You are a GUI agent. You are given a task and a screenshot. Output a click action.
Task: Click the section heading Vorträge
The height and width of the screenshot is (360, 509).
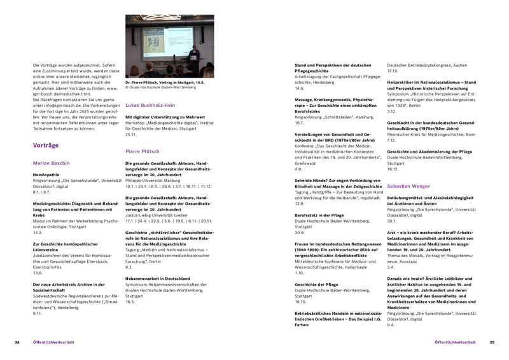[x=46, y=146]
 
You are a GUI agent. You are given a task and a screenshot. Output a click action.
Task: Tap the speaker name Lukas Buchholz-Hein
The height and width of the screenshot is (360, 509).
[x=150, y=104]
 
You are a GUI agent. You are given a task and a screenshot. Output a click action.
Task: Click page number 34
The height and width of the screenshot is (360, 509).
[x=17, y=342]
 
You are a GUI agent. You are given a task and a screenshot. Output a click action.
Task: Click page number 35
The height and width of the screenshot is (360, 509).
[x=492, y=342]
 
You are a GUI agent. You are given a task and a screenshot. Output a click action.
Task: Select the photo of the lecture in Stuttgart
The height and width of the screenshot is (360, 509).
[x=169, y=46]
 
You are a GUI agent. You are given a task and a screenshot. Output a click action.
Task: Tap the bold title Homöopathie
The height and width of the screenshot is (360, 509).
[x=46, y=174]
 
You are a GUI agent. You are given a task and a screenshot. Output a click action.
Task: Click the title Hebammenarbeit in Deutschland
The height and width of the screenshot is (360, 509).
[x=158, y=279]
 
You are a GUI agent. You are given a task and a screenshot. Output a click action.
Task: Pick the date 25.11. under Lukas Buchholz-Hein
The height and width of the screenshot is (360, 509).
[x=131, y=135]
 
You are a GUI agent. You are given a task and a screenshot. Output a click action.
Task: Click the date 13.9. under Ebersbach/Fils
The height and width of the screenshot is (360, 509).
[x=38, y=273]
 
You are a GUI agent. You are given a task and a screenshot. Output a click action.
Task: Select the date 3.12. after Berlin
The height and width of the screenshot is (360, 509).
[x=393, y=111]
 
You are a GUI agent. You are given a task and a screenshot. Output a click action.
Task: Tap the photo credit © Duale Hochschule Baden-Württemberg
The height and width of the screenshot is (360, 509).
[x=162, y=87]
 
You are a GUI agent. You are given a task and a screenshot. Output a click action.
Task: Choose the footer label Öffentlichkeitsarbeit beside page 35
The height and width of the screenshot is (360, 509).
[x=455, y=342]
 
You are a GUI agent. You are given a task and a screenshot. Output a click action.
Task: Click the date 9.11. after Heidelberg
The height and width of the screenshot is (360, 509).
[x=38, y=314]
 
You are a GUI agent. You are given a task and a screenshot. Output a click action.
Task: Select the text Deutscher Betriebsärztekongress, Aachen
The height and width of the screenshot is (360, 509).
[x=427, y=65]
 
